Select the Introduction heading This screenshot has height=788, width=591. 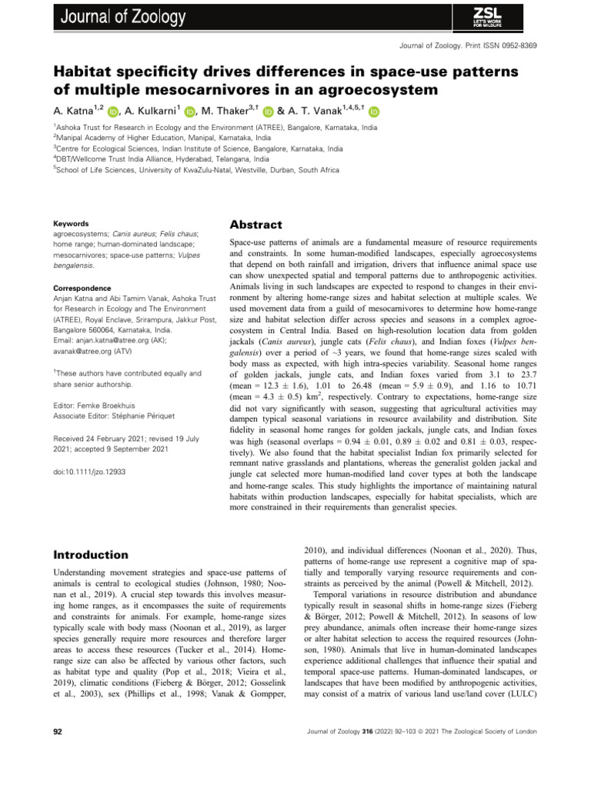(x=90, y=554)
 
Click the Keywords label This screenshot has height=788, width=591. (x=68, y=223)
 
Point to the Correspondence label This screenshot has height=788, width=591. (x=79, y=288)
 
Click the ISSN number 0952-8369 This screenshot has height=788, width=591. (x=516, y=47)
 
